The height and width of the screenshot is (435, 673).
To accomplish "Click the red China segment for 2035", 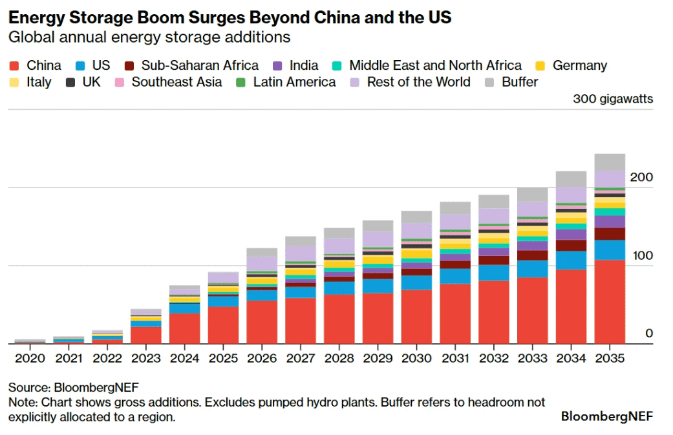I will click(x=610, y=301).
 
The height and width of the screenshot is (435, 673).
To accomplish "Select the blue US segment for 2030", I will click(x=416, y=282).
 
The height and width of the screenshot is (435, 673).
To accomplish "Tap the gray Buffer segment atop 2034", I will click(x=571, y=179).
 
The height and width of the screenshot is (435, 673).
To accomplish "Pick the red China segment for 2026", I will click(x=262, y=322).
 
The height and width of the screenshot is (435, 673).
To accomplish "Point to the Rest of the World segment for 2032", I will click(x=494, y=216).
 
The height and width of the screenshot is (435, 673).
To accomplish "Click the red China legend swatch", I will click(x=15, y=66).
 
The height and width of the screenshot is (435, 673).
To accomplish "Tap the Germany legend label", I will click(x=579, y=65).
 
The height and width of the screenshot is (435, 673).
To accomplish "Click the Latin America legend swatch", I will click(x=240, y=83).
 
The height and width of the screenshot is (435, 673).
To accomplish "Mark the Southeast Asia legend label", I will click(x=176, y=82).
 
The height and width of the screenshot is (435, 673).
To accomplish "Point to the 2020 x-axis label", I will click(x=30, y=358).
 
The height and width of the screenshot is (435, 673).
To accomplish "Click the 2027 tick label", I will click(x=300, y=358).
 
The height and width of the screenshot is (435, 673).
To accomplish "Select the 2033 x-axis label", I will click(x=532, y=358).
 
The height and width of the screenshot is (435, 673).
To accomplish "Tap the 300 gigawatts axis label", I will click(x=612, y=99).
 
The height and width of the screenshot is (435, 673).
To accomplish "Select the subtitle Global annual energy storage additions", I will click(x=149, y=37).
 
